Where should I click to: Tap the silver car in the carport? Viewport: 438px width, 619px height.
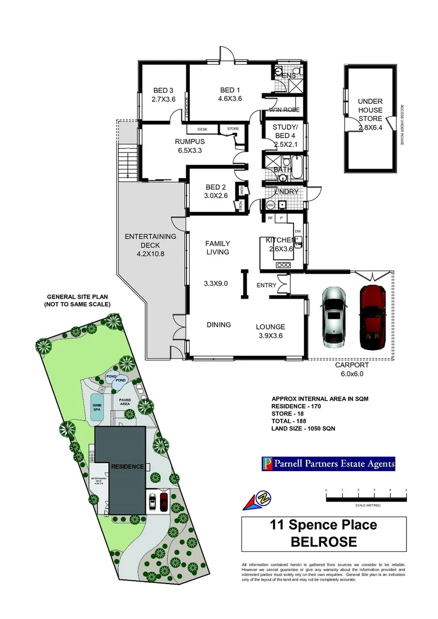[334, 316]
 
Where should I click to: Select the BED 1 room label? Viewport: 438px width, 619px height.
[230, 94]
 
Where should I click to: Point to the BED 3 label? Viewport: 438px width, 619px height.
[163, 95]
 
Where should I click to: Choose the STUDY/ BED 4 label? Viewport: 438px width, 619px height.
[284, 134]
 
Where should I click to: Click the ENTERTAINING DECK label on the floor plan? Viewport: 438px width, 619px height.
[150, 245]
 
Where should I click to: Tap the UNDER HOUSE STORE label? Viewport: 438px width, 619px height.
[370, 114]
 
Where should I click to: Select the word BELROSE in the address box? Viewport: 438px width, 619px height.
[324, 542]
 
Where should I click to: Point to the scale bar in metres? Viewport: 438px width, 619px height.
[366, 499]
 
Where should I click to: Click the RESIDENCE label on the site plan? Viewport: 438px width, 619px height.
[127, 467]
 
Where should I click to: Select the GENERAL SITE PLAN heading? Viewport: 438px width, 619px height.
[78, 300]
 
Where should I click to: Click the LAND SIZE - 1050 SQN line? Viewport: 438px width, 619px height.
[303, 428]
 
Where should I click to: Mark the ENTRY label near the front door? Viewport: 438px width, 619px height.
[267, 285]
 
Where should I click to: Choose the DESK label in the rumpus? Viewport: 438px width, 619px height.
[202, 129]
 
